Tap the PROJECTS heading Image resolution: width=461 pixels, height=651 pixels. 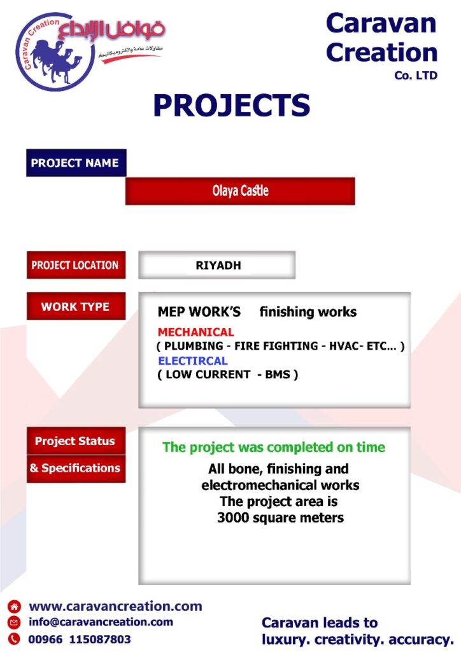point(232,105)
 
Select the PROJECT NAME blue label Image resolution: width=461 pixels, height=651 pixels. point(76,163)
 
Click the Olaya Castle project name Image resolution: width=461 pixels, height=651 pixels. point(240,191)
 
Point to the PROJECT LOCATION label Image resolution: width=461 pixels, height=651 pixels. point(76,265)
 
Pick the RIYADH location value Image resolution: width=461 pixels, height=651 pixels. point(218,265)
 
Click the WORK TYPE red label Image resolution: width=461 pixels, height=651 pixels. point(76,306)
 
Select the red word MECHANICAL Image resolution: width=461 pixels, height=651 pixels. point(195,332)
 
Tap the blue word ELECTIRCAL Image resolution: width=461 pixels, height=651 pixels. point(193,361)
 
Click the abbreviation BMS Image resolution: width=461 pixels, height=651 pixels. point(278,374)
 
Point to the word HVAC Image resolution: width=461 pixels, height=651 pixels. point(344,346)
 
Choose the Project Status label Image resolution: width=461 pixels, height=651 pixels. point(76,441)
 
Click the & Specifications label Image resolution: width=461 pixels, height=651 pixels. point(76,469)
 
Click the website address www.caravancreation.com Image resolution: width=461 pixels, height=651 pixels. point(115,606)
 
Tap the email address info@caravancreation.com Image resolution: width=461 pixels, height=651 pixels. point(101,622)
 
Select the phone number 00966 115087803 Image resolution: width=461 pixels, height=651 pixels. point(80,640)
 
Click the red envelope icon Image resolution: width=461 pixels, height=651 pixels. point(14,622)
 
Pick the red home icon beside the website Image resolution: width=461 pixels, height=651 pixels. point(14,606)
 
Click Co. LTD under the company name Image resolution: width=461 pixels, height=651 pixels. point(416,76)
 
